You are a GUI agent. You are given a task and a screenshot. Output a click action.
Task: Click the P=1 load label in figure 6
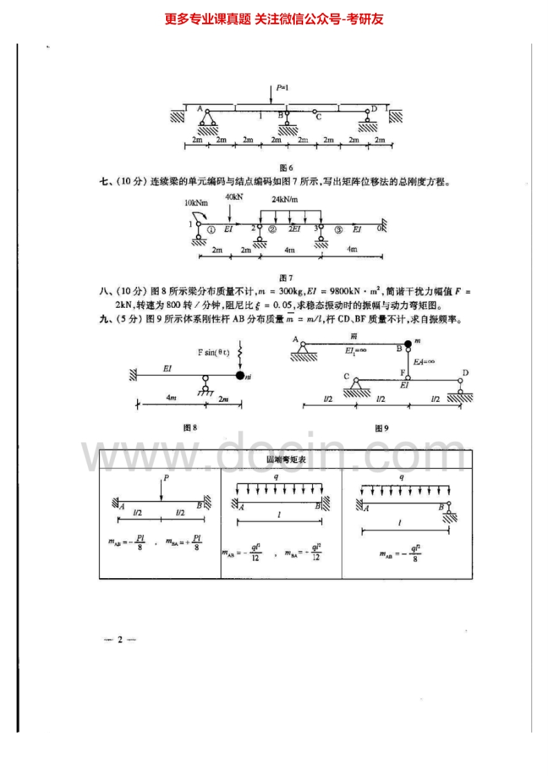coord(282,89)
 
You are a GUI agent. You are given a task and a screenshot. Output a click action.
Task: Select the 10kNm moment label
coord(196,203)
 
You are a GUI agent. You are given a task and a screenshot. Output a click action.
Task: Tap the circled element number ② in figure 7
coord(273,228)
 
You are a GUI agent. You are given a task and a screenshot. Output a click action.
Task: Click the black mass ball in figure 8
coord(239,376)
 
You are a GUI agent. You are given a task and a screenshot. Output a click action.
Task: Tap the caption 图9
coord(381,428)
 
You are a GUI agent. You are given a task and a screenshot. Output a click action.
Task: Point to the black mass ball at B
coord(408,344)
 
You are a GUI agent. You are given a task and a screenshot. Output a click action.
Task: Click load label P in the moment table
coord(166,478)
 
